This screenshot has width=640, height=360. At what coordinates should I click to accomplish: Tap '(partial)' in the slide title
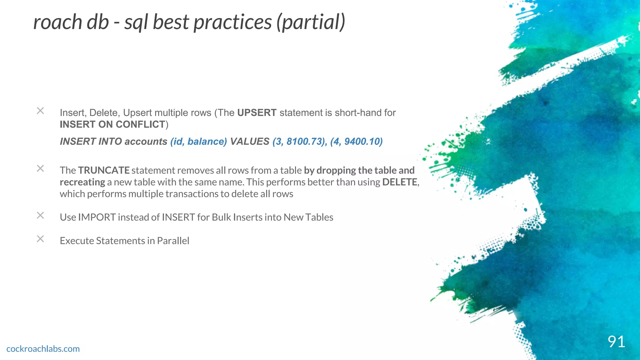(311, 22)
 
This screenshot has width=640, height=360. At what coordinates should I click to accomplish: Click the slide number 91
(616, 342)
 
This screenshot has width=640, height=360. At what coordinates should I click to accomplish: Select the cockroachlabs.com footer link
(43, 349)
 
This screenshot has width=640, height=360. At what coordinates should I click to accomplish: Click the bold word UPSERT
(257, 112)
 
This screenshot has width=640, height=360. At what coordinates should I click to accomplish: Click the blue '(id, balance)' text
(198, 142)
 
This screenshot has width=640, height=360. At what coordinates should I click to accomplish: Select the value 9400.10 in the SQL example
(362, 142)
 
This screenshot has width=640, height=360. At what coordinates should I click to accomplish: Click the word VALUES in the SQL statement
(250, 142)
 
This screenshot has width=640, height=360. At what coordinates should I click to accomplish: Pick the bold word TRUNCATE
(104, 170)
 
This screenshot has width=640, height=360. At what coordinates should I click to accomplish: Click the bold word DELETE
(399, 182)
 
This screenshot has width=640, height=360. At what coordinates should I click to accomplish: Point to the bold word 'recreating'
(82, 182)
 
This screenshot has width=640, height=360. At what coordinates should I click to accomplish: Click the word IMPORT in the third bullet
(97, 217)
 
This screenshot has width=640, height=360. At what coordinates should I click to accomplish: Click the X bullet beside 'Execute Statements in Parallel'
(40, 239)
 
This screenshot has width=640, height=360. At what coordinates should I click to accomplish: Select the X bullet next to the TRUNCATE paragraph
(40, 169)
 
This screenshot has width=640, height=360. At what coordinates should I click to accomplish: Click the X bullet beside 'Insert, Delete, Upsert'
(40, 111)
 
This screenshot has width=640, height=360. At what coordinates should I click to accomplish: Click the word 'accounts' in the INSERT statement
(146, 142)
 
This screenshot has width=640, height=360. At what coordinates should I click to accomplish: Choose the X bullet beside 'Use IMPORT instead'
(40, 216)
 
